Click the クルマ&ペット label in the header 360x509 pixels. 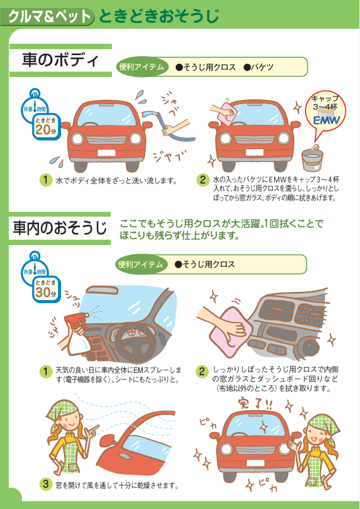pos(49,16)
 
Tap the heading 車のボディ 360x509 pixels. pos(60,60)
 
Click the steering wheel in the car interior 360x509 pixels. pos(134,341)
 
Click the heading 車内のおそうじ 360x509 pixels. pos(59,227)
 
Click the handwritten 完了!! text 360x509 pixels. pos(255,405)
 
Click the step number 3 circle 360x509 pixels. pos(46,484)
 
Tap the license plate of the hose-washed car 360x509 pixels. pos(107,153)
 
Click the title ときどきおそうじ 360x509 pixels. pos(159,16)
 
